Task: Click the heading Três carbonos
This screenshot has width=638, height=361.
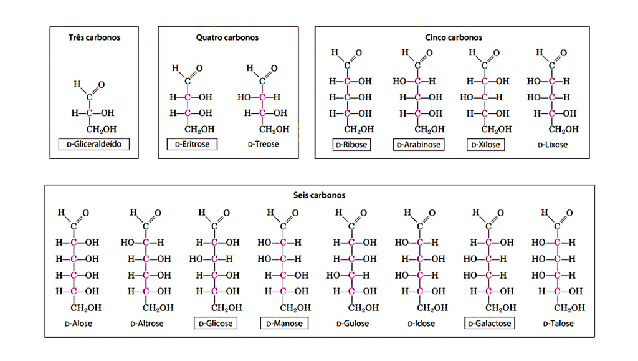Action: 95,37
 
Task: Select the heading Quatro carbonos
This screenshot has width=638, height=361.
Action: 227,37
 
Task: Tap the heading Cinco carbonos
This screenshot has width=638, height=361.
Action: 454,37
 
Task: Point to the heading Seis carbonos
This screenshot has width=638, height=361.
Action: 320,195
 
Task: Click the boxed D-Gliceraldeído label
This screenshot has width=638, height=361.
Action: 94,144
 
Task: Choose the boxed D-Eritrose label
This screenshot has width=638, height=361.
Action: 192,144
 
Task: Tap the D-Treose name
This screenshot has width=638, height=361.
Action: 264,144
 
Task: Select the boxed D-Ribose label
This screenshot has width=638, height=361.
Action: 351,145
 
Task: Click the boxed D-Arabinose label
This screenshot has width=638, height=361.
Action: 419,145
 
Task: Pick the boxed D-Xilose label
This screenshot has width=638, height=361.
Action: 486,145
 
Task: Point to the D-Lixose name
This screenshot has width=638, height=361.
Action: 553,145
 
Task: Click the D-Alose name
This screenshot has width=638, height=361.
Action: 79,324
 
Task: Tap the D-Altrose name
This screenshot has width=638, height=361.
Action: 147,324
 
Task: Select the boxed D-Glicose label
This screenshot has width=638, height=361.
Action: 216,324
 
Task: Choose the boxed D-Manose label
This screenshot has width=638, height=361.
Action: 284,324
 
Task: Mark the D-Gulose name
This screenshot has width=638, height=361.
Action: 353,324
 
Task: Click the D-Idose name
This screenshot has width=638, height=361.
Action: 421,324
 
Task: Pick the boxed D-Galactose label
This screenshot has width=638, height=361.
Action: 490,324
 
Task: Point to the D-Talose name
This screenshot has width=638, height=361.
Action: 558,324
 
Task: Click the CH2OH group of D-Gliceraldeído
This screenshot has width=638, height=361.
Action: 102,130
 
